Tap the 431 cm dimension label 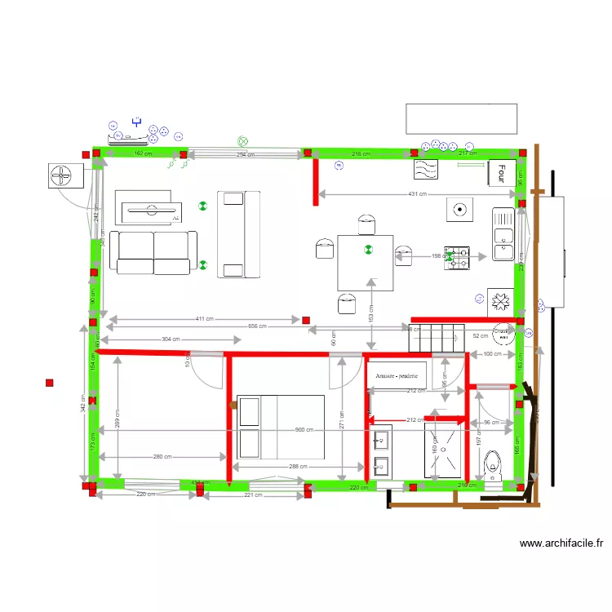tap(417, 194)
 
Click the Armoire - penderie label tap(397, 376)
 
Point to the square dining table tap(366, 262)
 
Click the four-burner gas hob tap(458, 258)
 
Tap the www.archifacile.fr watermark tap(561, 543)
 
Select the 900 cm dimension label tap(304, 430)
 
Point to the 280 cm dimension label tap(162, 457)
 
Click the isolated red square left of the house tap(50, 382)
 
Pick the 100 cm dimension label tap(492, 354)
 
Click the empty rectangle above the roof tap(462, 118)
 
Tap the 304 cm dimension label tap(171, 339)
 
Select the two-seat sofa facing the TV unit tap(153, 252)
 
